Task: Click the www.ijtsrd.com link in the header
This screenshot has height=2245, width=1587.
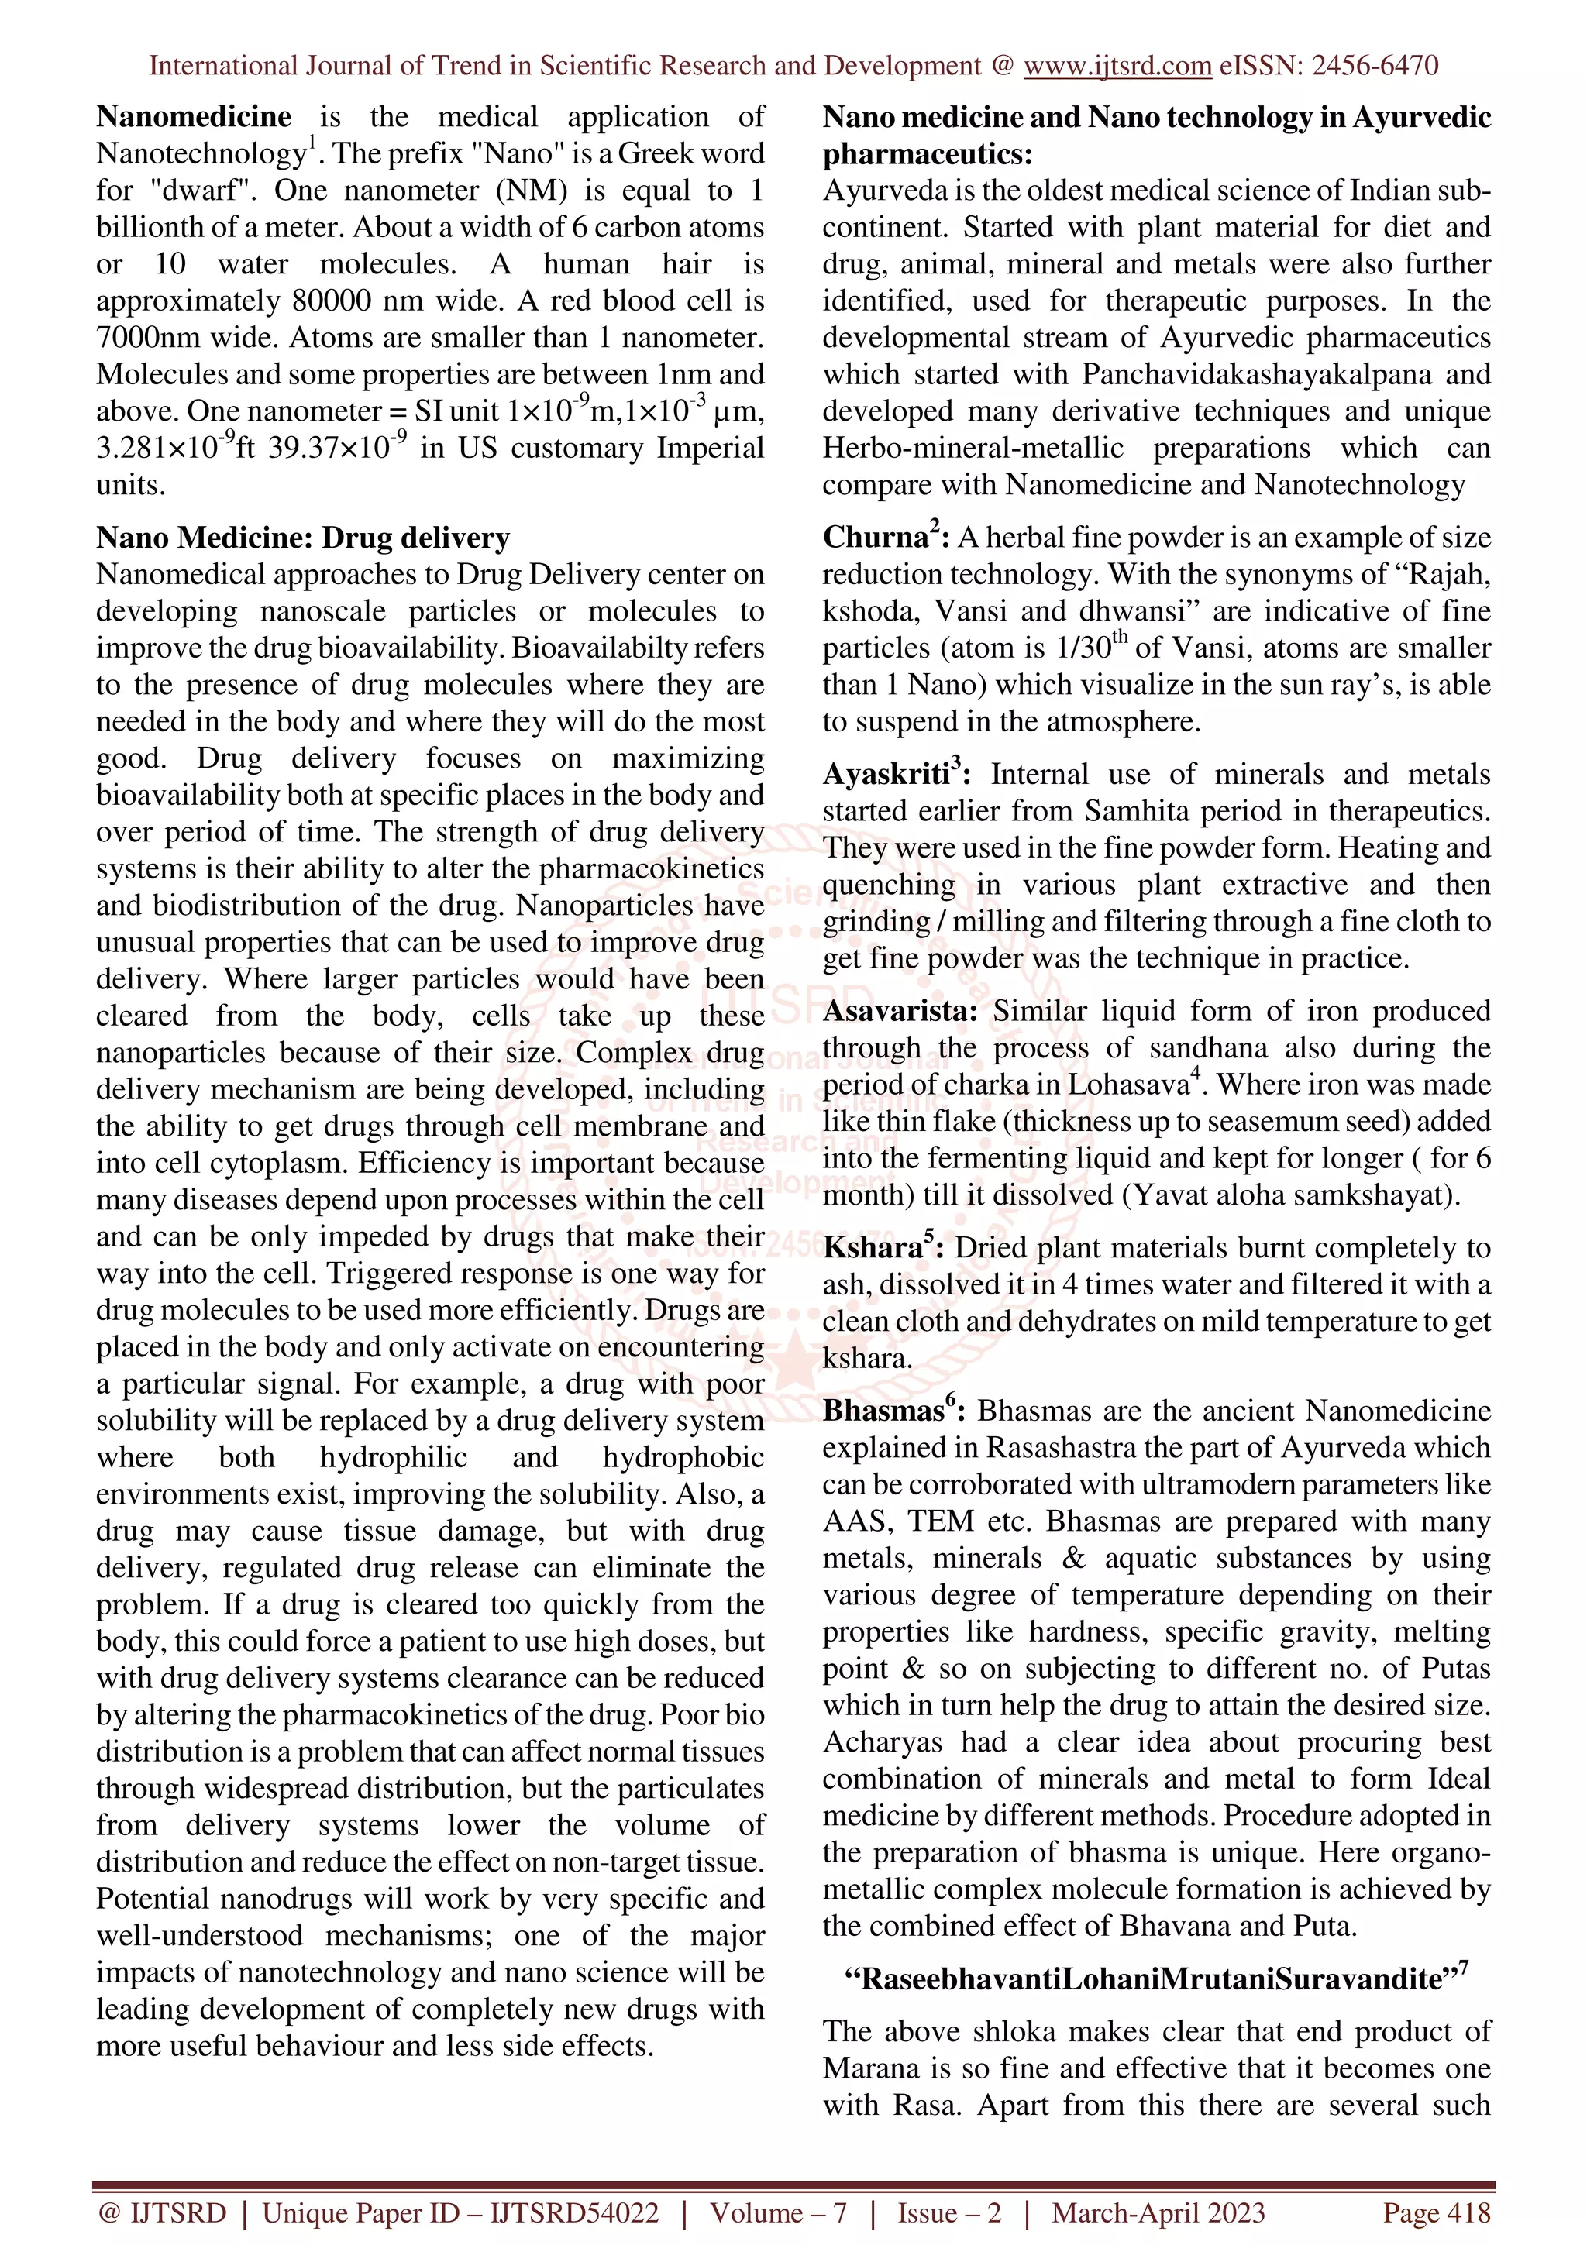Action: [x=1117, y=66]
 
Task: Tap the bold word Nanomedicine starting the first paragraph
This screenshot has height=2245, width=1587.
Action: [x=194, y=117]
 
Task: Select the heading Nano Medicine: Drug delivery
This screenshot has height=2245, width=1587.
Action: [x=303, y=538]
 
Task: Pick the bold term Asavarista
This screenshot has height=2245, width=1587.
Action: [x=900, y=1011]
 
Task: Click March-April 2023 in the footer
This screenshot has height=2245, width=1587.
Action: [x=1158, y=2212]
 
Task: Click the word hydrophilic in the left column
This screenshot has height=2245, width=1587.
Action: [x=393, y=1457]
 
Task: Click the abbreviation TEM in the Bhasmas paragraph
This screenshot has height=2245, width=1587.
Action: [x=940, y=1521]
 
